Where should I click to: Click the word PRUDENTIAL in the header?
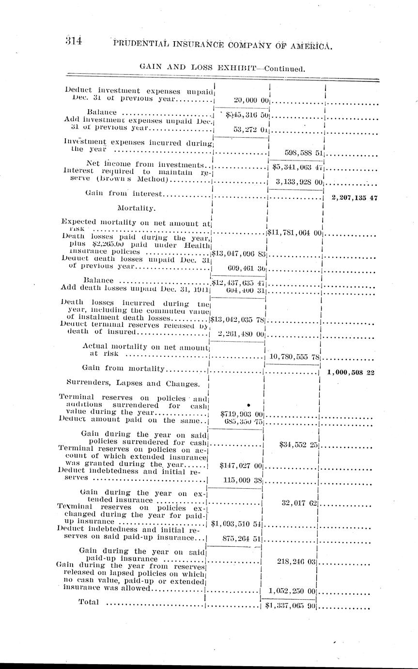point(146,45)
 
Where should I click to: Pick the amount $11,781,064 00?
point(294,233)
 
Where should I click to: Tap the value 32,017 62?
point(299,503)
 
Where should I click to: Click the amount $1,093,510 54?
point(237,525)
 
